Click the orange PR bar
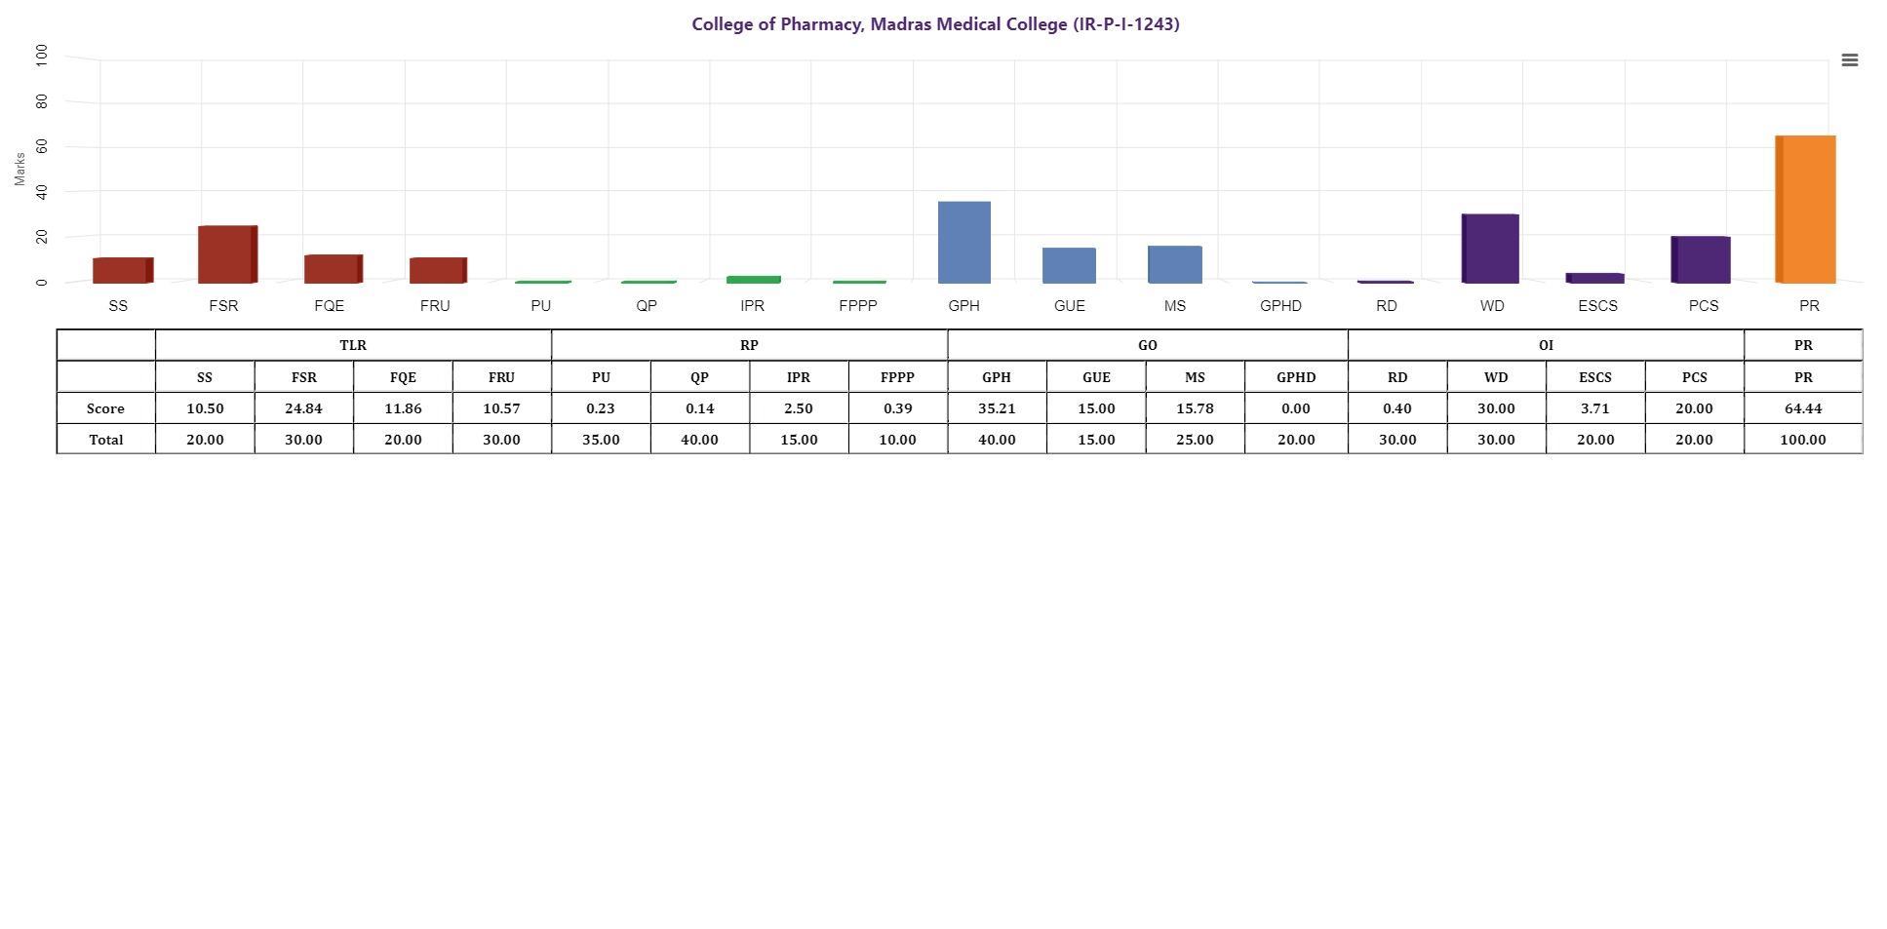pos(1806,210)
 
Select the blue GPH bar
pos(963,243)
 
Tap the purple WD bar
pos(1491,249)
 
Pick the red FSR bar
pos(226,254)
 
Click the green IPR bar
pos(753,280)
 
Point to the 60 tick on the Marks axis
pos(42,146)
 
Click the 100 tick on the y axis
pos(42,55)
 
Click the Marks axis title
pos(20,169)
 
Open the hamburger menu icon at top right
pos(1849,60)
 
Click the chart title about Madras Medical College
pos(935,24)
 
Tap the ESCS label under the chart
pos(1597,306)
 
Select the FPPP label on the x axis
pos(858,306)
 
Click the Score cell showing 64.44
pos(1802,408)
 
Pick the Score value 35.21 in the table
pos(996,408)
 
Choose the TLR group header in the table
pos(353,345)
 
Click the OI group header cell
pos(1546,345)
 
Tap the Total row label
pos(105,440)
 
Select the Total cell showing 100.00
pos(1802,440)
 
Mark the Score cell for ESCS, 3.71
pos(1595,408)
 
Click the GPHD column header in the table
pos(1296,377)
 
